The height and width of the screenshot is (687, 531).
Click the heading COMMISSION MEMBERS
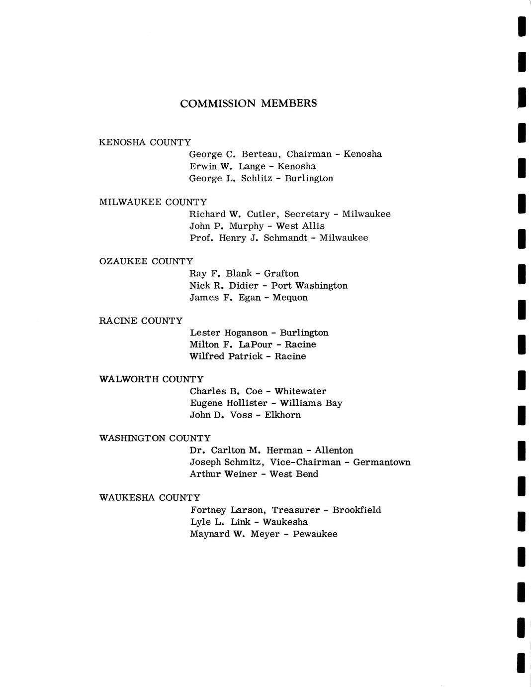(248, 104)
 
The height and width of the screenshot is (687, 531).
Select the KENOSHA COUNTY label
(145, 142)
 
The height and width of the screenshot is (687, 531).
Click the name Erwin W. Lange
(227, 166)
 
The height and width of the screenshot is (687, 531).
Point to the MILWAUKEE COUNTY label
(153, 202)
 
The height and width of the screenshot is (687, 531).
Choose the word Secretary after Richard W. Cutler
(307, 214)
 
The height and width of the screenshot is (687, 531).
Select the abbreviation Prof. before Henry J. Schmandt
(201, 238)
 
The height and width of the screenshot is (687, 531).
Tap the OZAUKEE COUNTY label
(146, 261)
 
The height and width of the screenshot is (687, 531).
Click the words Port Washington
(309, 285)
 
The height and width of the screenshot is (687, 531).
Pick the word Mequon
(290, 297)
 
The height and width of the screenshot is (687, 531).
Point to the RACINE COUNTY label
(141, 321)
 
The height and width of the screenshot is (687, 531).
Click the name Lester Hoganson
(228, 333)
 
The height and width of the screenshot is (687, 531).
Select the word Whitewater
(300, 391)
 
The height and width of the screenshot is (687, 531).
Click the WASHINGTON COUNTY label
(155, 439)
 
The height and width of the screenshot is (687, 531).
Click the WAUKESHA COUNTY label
(150, 498)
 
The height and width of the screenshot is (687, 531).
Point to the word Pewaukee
(315, 534)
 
